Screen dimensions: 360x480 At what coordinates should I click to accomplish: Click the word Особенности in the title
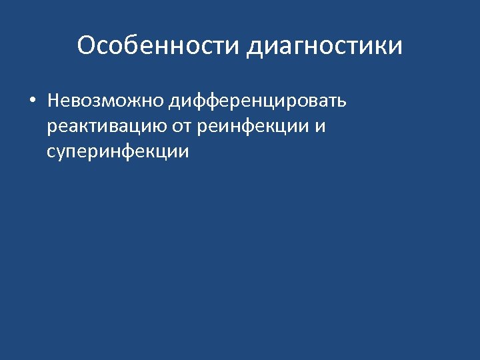pyautogui.click(x=159, y=46)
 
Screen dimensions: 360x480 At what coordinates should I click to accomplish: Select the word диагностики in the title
pyautogui.click(x=325, y=47)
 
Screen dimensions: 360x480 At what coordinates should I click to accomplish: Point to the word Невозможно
pyautogui.click(x=105, y=102)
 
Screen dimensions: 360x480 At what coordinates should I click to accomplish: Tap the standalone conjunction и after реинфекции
pyautogui.click(x=321, y=127)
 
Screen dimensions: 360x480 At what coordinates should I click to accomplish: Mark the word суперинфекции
pyautogui.click(x=118, y=151)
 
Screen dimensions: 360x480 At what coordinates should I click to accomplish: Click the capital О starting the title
pyautogui.click(x=87, y=46)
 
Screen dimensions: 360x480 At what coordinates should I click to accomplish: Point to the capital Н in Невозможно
pyautogui.click(x=53, y=102)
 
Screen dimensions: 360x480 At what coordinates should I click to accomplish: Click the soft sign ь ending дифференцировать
pyautogui.click(x=341, y=102)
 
